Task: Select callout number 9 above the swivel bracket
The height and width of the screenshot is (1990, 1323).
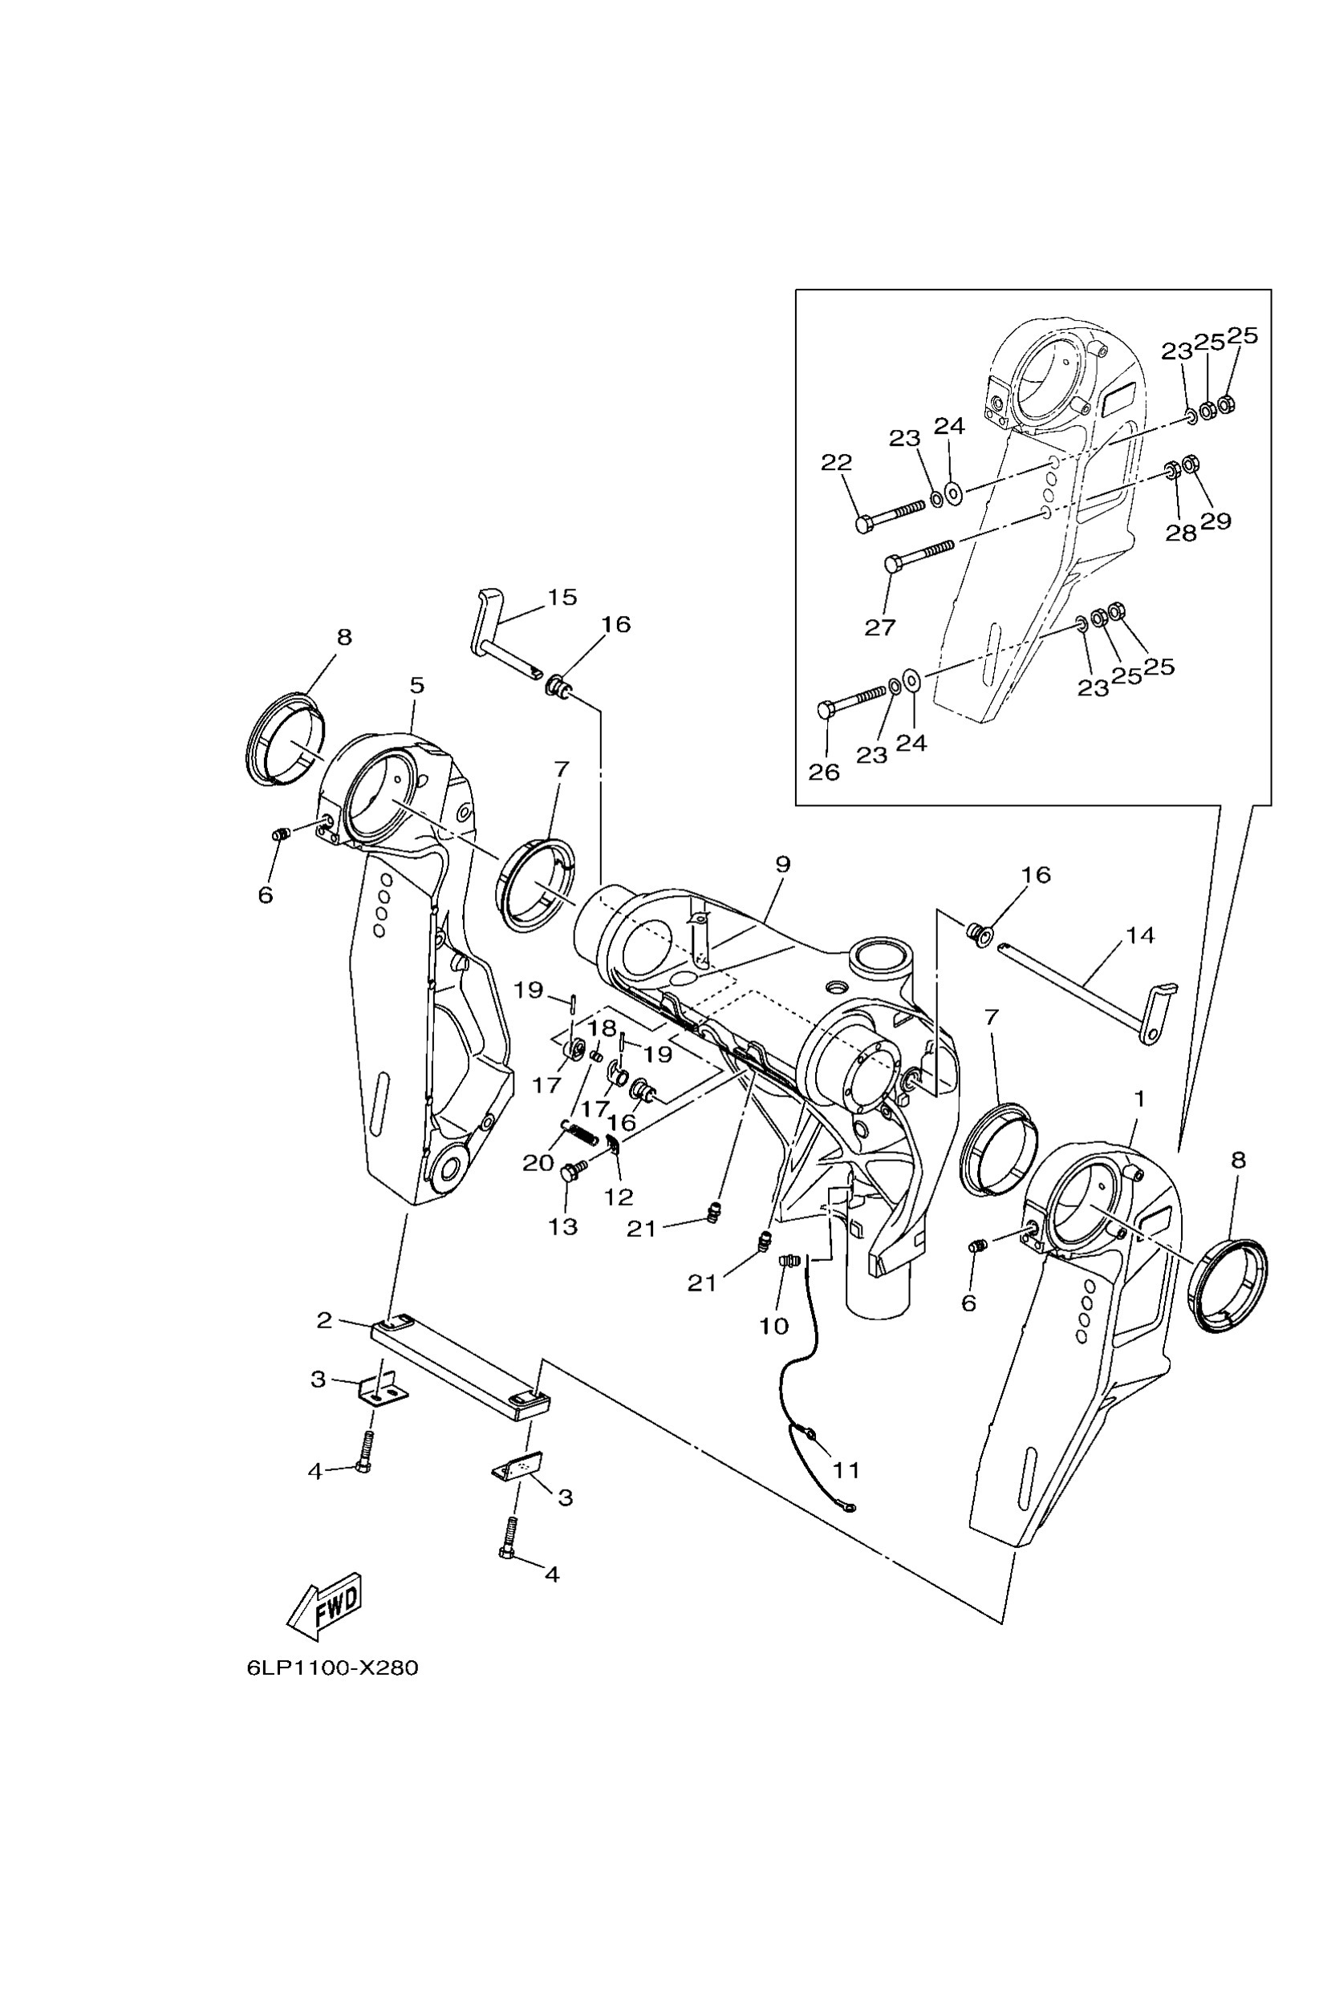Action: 782,865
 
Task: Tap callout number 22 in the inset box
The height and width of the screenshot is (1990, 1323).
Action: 836,462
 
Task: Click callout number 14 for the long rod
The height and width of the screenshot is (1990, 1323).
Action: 1140,935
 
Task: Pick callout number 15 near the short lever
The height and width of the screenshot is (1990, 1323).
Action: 562,598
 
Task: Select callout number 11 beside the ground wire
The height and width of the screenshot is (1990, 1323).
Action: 846,1470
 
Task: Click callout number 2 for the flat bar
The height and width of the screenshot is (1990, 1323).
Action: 324,1321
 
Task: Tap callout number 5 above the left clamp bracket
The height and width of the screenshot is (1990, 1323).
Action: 417,685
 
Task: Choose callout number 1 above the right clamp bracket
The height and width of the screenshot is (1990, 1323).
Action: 1139,1099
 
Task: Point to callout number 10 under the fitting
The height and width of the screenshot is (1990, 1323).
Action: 773,1325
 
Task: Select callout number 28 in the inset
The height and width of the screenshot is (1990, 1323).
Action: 1180,533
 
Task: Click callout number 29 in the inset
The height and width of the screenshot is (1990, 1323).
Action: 1215,521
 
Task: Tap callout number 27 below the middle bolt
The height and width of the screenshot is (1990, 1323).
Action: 879,626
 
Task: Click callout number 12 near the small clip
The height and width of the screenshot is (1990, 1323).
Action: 619,1196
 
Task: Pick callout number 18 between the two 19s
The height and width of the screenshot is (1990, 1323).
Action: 603,1028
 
